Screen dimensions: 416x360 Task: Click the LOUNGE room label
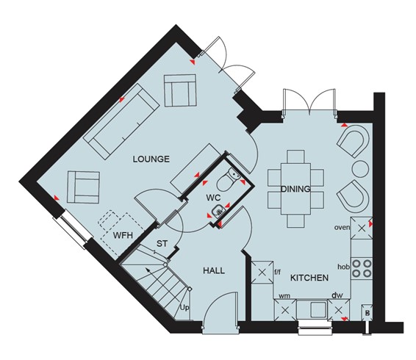(151, 159)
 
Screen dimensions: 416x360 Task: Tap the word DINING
(295, 189)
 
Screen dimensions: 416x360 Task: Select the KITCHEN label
(309, 278)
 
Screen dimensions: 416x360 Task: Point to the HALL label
(214, 270)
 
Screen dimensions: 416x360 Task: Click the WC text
(213, 198)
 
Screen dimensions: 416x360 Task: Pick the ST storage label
(162, 243)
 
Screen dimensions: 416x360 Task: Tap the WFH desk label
(123, 235)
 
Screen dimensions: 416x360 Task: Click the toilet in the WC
(228, 179)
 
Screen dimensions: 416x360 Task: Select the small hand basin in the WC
(218, 212)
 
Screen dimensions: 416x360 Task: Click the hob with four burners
(362, 268)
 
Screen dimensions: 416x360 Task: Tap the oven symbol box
(362, 228)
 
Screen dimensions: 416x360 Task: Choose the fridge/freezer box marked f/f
(262, 272)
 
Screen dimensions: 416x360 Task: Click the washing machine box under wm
(285, 310)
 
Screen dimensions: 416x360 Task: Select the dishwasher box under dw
(338, 310)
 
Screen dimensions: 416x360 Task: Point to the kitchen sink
(312, 309)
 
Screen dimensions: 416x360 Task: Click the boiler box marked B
(367, 313)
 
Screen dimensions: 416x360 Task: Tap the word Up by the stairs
(184, 308)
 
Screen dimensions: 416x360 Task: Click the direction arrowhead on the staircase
(146, 270)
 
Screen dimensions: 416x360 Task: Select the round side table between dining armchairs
(360, 169)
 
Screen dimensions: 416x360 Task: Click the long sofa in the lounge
(121, 122)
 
